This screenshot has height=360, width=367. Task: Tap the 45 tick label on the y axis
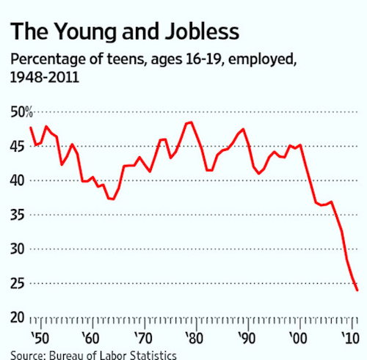(18, 145)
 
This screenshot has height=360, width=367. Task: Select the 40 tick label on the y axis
(18, 180)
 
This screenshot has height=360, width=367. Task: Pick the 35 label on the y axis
(18, 214)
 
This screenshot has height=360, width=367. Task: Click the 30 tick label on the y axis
(18, 249)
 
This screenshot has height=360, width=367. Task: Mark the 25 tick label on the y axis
(18, 283)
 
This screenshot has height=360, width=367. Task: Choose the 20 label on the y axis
(18, 317)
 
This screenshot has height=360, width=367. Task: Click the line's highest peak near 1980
(190, 122)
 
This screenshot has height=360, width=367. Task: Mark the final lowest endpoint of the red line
(357, 290)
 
